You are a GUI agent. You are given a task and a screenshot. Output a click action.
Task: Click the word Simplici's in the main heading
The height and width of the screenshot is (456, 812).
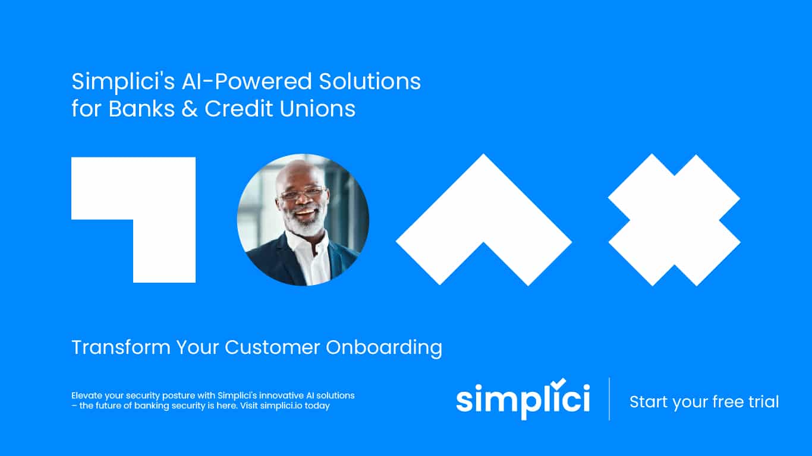coord(123,82)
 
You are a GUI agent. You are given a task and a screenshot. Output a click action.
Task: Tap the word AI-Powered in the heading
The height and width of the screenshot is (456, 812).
coord(247,81)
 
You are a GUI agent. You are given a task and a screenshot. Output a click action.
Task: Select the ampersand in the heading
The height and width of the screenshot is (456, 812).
coord(189,109)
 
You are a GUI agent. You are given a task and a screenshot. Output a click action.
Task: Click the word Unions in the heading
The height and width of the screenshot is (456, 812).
coord(317,109)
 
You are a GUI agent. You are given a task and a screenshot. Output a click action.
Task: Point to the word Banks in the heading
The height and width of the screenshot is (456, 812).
coord(141,109)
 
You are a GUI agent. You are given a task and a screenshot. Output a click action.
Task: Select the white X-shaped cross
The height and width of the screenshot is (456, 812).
coord(674,220)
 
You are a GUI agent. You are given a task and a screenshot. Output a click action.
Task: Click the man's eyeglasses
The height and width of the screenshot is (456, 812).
coord(302,194)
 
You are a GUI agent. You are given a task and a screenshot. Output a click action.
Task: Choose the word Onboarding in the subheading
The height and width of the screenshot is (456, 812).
coord(384,348)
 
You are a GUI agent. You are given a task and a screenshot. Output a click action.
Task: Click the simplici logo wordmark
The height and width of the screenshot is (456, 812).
coord(523,399)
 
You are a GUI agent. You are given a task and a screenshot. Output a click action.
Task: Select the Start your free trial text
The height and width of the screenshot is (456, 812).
coord(704,401)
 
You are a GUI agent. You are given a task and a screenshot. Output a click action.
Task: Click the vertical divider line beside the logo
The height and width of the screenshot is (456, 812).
coord(609,399)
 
